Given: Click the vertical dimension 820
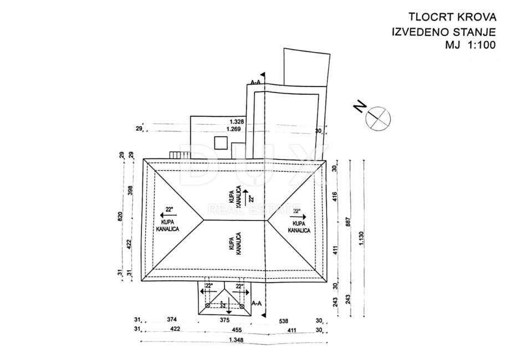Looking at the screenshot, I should click(120, 217).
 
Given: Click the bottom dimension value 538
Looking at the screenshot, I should click(283, 320).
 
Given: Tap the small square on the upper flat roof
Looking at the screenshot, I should click(220, 143).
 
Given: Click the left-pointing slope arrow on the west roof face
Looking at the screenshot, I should click(165, 212).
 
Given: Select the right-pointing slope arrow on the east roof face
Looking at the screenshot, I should click(297, 217).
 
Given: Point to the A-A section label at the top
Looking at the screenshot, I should click(256, 83).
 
